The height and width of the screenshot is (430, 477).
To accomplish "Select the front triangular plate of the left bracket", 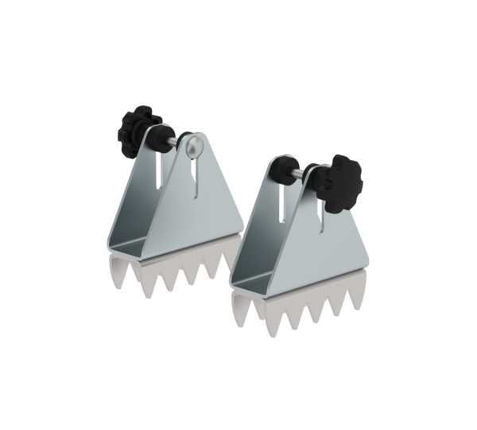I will tap(191, 215).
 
